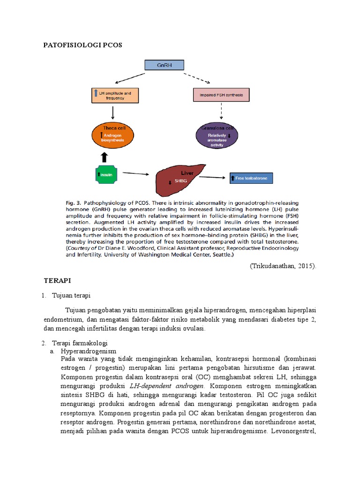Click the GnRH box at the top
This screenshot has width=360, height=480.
point(164,66)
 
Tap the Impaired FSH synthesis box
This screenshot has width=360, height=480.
point(221,95)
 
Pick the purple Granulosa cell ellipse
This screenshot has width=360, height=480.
point(217,136)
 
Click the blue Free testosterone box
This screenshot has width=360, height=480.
point(251,178)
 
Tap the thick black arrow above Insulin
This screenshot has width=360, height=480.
point(104,157)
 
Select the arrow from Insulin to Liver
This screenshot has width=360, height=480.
point(139,174)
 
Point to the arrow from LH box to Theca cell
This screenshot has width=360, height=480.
point(113,112)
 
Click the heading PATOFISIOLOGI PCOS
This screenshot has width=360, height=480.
point(82,45)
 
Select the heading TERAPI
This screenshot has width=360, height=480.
point(57,280)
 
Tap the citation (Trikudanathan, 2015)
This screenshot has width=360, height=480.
point(283,266)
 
